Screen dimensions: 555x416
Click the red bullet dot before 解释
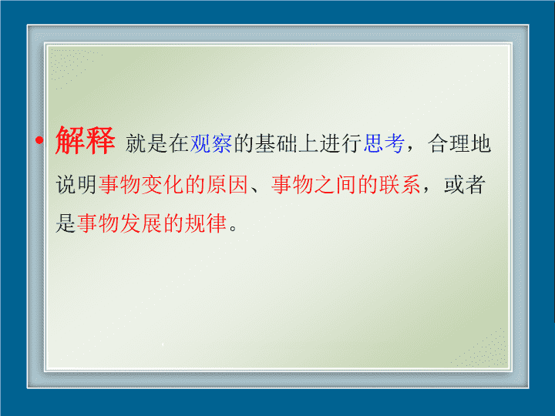39,140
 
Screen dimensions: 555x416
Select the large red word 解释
85,140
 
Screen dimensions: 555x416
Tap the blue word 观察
211,143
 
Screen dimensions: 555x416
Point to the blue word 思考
385,143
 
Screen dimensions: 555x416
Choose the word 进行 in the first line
341,143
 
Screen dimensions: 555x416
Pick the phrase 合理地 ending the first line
459,143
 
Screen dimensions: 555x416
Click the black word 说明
76,184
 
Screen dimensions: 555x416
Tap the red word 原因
227,184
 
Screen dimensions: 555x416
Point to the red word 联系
400,184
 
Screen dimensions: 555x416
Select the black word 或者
464,184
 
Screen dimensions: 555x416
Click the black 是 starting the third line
66,223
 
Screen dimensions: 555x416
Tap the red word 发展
141,223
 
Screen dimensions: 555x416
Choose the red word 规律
206,223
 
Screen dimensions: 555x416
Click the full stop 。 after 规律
233,228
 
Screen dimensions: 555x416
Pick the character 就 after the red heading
136,143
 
